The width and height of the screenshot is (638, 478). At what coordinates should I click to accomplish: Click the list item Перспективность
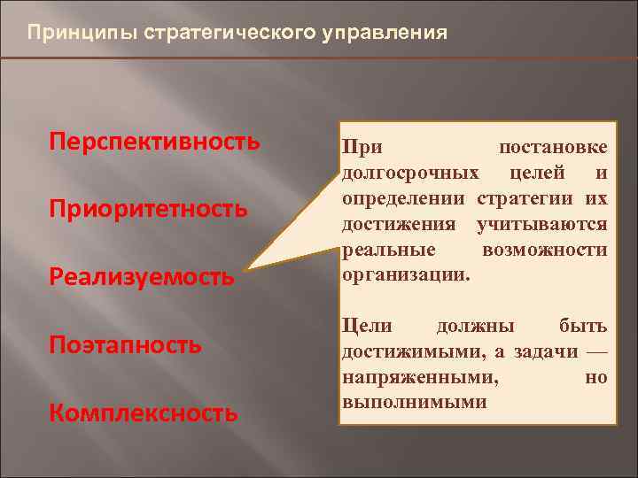(155, 142)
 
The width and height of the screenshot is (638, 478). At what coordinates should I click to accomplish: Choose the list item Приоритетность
(148, 209)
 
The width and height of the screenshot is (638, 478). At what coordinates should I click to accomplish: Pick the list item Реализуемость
(142, 276)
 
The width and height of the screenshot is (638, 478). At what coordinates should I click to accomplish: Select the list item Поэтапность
(126, 344)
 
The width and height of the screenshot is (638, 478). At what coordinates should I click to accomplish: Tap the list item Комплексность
(143, 412)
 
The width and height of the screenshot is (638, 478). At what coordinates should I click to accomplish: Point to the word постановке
(553, 148)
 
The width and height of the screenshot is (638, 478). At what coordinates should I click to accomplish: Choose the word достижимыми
(413, 352)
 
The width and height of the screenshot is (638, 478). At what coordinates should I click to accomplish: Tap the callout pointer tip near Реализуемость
(249, 267)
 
